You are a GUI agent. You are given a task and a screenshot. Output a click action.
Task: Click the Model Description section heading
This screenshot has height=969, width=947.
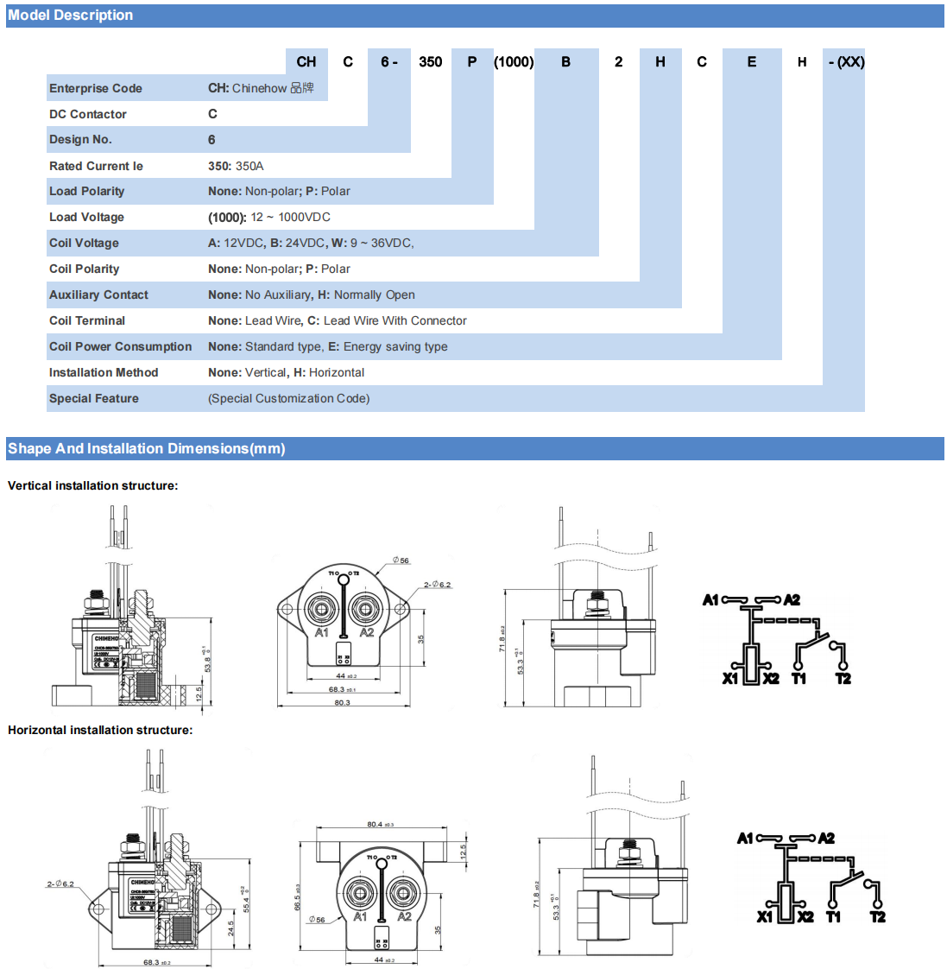[x=71, y=16]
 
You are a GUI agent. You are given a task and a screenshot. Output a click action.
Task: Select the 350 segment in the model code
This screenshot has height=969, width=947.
[x=430, y=62]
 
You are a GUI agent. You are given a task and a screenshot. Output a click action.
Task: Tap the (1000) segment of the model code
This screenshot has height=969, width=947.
[x=514, y=62]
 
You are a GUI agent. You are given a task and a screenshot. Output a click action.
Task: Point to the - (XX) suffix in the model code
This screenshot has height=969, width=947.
[x=845, y=62]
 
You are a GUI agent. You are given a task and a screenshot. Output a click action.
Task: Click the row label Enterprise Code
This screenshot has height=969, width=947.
[x=96, y=88]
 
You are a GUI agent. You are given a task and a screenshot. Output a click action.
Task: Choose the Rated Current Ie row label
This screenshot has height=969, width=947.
[x=96, y=166]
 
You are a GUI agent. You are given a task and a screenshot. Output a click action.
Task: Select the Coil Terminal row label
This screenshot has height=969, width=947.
[x=87, y=320]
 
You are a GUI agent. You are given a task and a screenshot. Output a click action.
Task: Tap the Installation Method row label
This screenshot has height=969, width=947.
[x=104, y=372]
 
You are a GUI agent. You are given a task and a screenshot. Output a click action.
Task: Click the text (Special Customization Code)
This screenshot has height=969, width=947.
[x=288, y=398]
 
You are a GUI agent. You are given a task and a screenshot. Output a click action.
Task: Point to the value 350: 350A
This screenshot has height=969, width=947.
[x=236, y=166]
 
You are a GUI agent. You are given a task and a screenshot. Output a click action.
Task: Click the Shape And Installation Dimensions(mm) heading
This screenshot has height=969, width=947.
[x=147, y=448]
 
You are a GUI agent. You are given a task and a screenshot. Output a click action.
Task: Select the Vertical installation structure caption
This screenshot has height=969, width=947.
[x=93, y=485]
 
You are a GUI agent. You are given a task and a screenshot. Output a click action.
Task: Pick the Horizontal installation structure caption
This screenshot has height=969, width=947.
[x=100, y=730]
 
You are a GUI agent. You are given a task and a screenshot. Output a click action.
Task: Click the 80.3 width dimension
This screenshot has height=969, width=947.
[x=342, y=702]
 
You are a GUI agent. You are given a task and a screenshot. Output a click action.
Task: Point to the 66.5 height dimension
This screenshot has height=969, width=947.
[x=298, y=896]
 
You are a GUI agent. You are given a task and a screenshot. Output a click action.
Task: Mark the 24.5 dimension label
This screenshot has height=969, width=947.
[x=231, y=928]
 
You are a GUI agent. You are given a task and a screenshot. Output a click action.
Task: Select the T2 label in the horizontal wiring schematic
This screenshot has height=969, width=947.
[x=877, y=916]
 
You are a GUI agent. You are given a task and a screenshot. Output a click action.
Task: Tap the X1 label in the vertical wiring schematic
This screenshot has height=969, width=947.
[x=730, y=678]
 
